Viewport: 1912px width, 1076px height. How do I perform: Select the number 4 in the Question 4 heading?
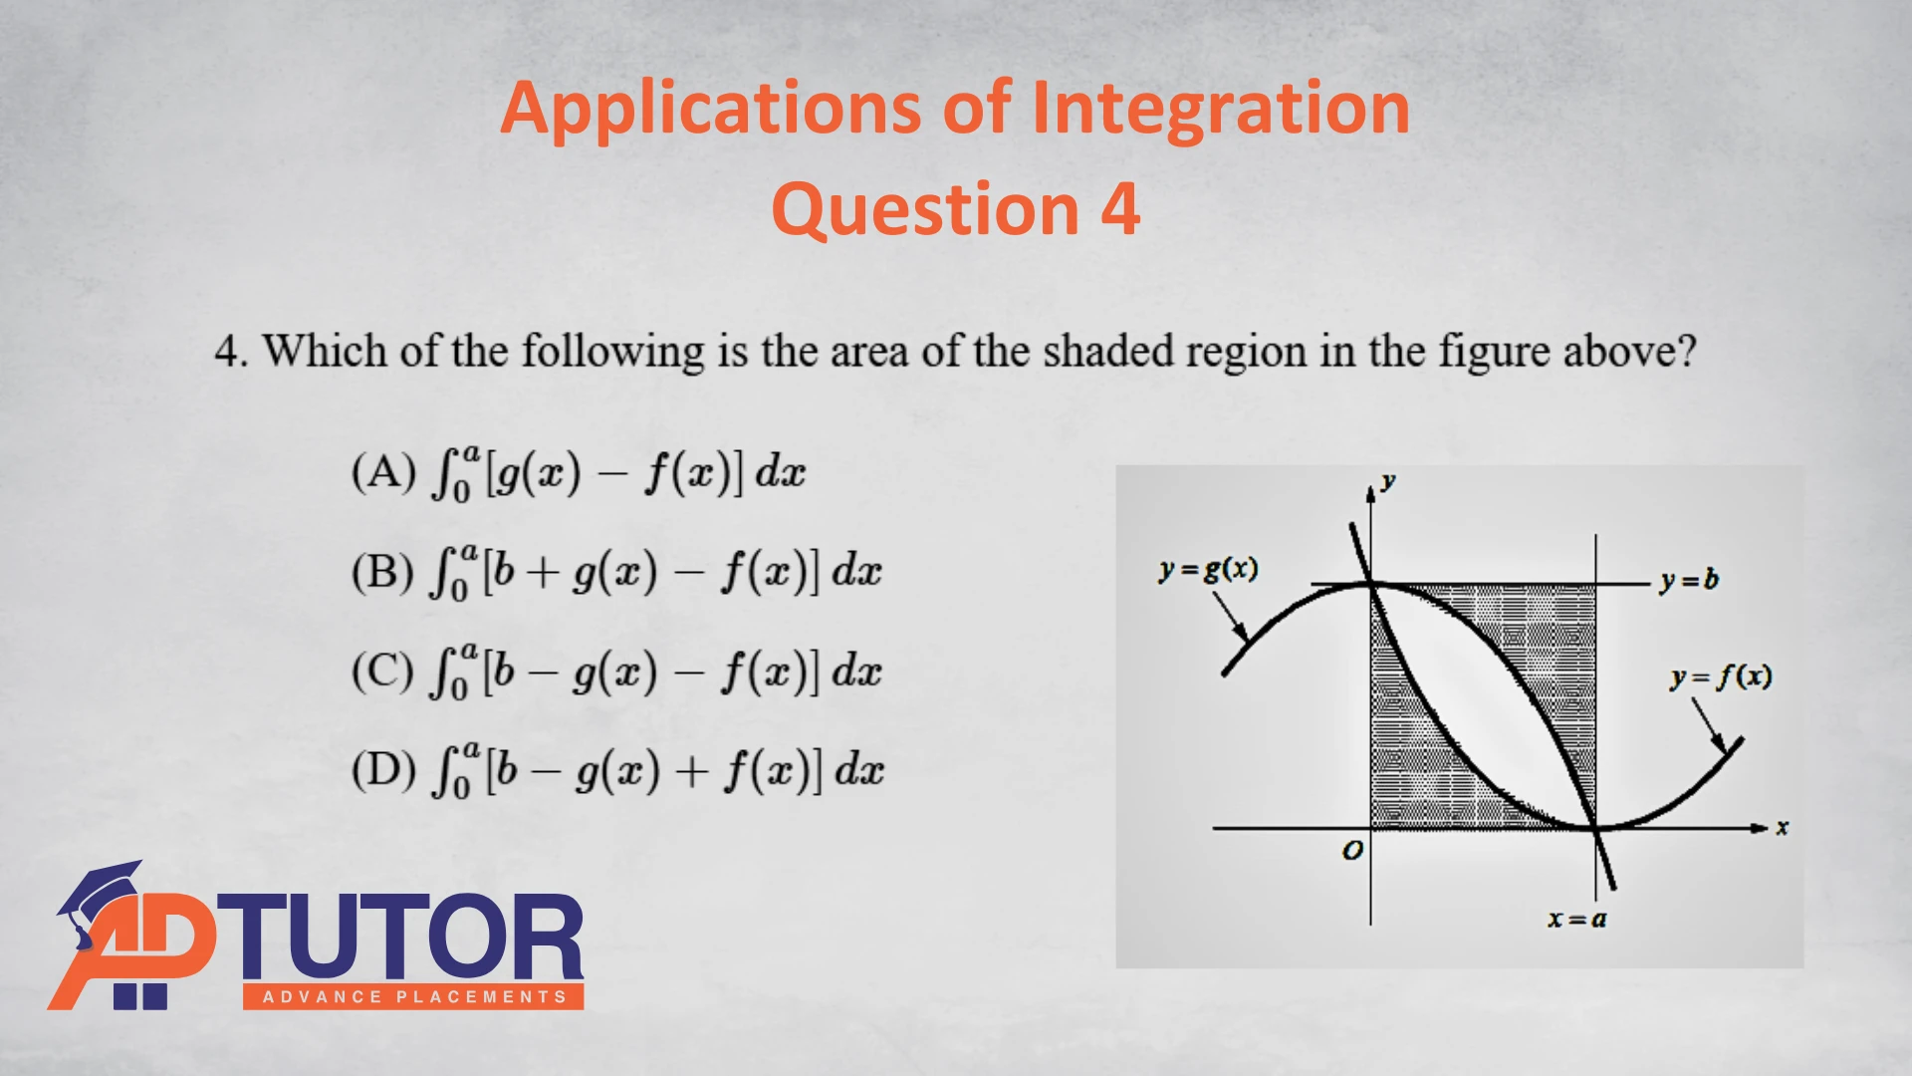pyautogui.click(x=1120, y=209)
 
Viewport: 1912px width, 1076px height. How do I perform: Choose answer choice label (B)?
pyautogui.click(x=382, y=572)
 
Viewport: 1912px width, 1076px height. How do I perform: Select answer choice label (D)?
pyautogui.click(x=383, y=769)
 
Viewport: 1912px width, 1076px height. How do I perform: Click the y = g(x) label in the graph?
pyautogui.click(x=1208, y=570)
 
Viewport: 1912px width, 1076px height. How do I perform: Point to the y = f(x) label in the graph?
pyautogui.click(x=1721, y=677)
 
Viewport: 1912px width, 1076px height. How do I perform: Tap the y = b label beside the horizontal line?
pyautogui.click(x=1689, y=581)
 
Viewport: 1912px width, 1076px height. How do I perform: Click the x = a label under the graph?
pyautogui.click(x=1577, y=919)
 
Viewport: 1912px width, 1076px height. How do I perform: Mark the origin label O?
pyautogui.click(x=1352, y=851)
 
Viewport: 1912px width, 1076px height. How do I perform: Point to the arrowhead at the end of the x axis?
pyautogui.click(x=1761, y=828)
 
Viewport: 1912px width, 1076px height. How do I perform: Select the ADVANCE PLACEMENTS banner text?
pyautogui.click(x=414, y=997)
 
